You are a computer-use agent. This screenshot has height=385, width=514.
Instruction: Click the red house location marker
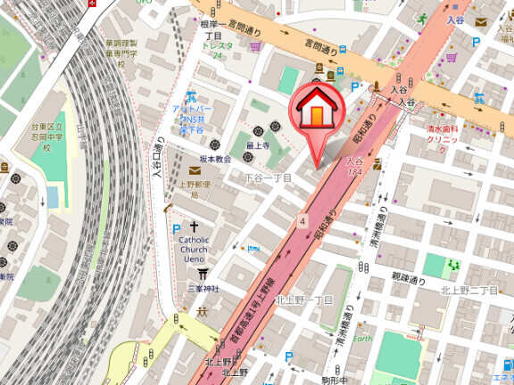click(x=315, y=112)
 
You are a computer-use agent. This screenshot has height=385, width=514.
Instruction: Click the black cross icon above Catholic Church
click(x=194, y=228)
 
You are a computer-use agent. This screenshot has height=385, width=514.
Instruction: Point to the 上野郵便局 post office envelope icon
click(x=195, y=170)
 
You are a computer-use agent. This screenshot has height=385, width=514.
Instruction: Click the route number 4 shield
click(x=303, y=219)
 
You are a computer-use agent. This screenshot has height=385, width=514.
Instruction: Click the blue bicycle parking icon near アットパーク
click(x=189, y=95)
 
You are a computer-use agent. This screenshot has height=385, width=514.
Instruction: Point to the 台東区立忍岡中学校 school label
click(x=45, y=134)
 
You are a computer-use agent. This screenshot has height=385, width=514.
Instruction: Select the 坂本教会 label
click(x=214, y=159)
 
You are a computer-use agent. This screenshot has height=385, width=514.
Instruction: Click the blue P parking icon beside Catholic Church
click(x=176, y=229)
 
